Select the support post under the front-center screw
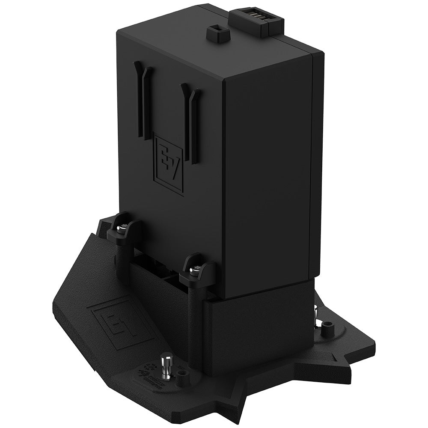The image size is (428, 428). tap(195, 325)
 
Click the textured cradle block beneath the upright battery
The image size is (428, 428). tap(257, 325)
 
